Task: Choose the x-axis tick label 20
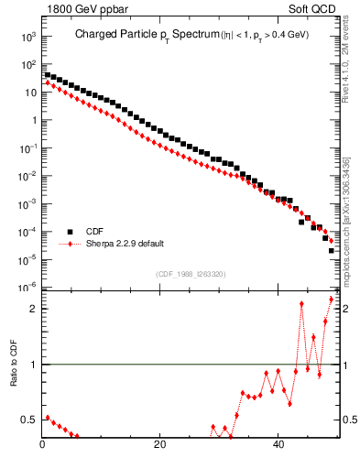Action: [x=160, y=446]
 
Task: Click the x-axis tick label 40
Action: [x=278, y=446]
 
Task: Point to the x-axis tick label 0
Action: [x=43, y=446]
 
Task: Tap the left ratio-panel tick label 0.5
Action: [x=29, y=420]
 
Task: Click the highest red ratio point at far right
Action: [x=332, y=300]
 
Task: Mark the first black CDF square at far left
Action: [x=48, y=75]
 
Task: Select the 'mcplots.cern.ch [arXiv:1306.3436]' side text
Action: [x=349, y=211]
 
